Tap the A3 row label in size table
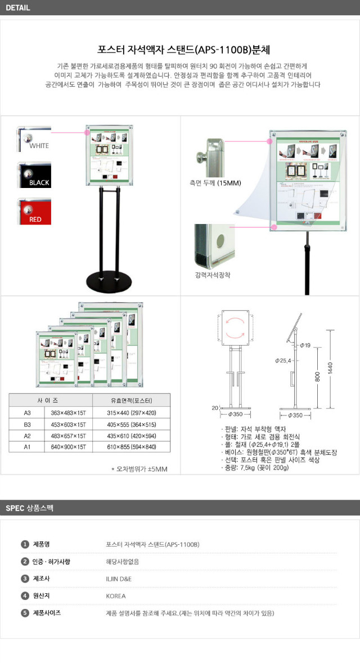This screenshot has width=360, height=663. click(27, 413)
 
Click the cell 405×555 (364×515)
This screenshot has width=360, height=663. click(131, 424)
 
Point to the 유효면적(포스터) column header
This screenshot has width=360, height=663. click(131, 401)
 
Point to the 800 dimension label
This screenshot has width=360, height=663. click(318, 378)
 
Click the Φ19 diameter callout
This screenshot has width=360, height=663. click(306, 344)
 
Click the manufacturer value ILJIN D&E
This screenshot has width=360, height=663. click(119, 579)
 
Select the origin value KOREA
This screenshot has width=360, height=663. click(116, 595)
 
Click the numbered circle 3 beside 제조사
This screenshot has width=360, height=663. click(25, 579)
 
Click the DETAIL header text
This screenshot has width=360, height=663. click(18, 8)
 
